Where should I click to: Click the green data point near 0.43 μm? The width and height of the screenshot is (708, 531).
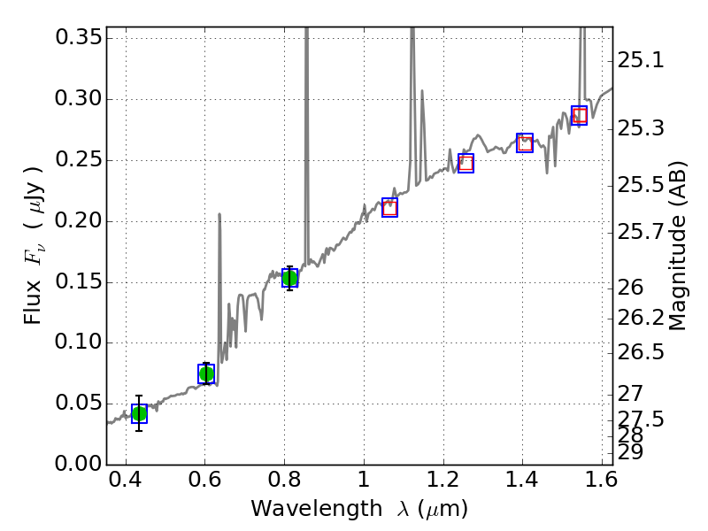(x=139, y=413)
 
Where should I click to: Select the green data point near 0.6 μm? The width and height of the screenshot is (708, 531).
(x=206, y=373)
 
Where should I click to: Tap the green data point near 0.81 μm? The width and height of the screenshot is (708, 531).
(x=289, y=278)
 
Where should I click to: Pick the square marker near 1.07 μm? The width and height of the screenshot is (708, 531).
(x=389, y=207)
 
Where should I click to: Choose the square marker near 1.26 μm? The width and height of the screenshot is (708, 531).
(x=466, y=163)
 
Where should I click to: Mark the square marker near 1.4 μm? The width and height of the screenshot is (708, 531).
(x=525, y=142)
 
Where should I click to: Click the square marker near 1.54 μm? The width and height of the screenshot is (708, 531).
(x=580, y=115)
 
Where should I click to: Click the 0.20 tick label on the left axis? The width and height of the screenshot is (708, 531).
(x=78, y=221)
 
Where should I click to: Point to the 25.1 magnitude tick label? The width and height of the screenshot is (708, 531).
(x=641, y=61)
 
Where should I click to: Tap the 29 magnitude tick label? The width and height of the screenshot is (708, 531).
(x=629, y=451)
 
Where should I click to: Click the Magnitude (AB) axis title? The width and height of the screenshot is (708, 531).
(x=679, y=246)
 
